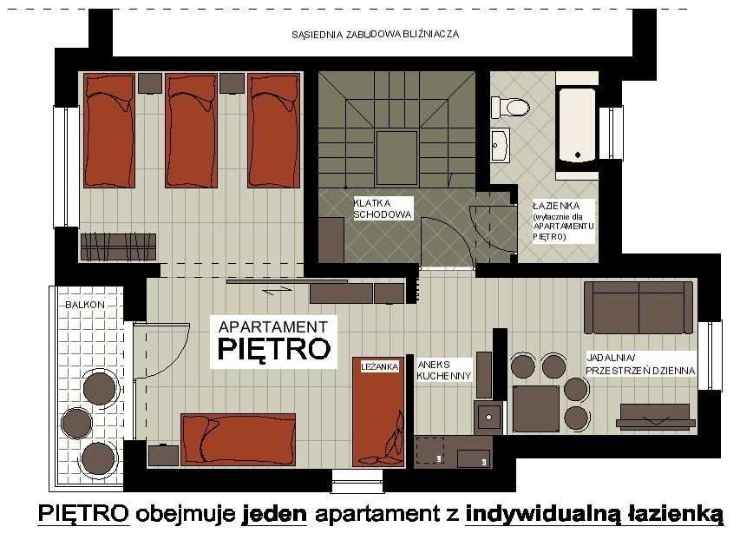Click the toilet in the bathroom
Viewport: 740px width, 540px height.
click(x=511, y=108)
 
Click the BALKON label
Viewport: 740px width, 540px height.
click(x=85, y=305)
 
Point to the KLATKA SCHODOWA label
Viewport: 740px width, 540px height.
click(x=382, y=208)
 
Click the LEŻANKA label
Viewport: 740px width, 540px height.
click(x=379, y=367)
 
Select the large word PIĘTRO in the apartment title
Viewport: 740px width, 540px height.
click(x=273, y=349)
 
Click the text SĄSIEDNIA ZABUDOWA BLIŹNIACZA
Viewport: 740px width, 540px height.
click(x=375, y=35)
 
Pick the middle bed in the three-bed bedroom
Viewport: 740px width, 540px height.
click(x=192, y=130)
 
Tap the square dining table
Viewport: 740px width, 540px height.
click(x=535, y=408)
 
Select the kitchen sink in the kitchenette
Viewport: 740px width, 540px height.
click(x=488, y=418)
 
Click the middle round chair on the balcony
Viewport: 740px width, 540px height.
click(x=77, y=423)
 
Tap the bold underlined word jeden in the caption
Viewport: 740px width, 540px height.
click(x=274, y=513)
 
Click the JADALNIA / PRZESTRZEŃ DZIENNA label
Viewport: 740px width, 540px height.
click(x=640, y=364)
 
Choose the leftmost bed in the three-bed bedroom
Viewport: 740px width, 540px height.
click(x=109, y=130)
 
